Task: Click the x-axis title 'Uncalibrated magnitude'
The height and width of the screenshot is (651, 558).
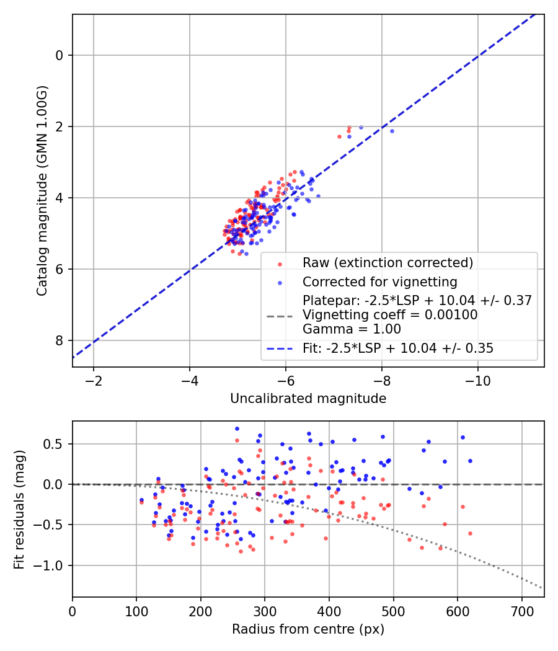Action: [x=308, y=399]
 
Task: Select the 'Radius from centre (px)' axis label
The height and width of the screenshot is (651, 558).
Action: [x=308, y=629]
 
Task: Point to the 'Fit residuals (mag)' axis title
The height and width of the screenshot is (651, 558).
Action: [x=19, y=508]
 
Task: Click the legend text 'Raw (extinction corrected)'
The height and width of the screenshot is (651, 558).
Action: [x=387, y=262]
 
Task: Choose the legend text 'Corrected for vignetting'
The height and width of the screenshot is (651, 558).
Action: [x=379, y=282]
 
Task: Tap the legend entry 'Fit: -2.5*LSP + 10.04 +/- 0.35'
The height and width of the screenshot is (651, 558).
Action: [x=397, y=348]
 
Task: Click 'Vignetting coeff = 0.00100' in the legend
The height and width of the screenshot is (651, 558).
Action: [x=389, y=315]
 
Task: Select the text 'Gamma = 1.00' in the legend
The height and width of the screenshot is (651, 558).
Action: [x=352, y=329]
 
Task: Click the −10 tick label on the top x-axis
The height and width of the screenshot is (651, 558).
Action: [x=477, y=379]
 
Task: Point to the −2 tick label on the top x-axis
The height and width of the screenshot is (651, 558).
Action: [x=94, y=379]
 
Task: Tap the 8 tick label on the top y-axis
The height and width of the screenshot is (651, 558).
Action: [x=60, y=340]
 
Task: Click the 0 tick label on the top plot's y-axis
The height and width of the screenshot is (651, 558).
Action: [x=60, y=55]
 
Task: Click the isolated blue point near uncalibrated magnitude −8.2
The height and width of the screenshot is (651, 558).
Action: [x=392, y=131]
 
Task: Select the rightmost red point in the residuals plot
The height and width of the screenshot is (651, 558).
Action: [x=470, y=533]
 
